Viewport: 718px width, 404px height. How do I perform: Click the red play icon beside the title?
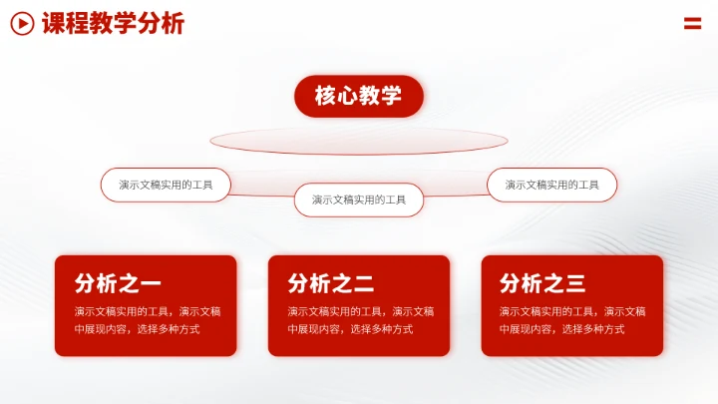click(x=22, y=24)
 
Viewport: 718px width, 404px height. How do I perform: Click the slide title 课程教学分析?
click(x=113, y=24)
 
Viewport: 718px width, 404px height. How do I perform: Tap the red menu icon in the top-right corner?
click(x=692, y=24)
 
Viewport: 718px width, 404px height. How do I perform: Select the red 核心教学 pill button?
click(x=358, y=97)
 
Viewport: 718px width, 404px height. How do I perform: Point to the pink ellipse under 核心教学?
click(x=359, y=141)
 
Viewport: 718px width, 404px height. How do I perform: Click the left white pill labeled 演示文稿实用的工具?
click(x=166, y=185)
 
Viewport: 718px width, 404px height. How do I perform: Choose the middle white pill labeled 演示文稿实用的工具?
click(x=359, y=200)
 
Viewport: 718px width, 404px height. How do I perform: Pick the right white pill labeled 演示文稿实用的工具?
click(x=551, y=185)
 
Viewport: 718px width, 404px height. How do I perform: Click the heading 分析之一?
click(x=118, y=283)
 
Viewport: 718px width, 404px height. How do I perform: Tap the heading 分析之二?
click(x=331, y=283)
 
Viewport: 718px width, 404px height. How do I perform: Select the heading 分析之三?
click(x=542, y=283)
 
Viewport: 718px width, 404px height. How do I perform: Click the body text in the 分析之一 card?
click(x=147, y=320)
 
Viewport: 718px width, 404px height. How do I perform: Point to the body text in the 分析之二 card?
click(x=360, y=320)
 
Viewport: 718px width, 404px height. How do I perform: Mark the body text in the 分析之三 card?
click(x=571, y=320)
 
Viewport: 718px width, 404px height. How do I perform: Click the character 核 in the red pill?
click(x=326, y=97)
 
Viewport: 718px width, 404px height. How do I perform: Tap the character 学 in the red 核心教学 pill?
click(x=391, y=97)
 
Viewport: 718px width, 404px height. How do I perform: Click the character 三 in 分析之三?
click(x=575, y=283)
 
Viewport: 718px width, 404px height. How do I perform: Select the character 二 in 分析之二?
click(x=364, y=283)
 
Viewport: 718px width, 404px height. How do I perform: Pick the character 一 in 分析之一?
click(x=151, y=283)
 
